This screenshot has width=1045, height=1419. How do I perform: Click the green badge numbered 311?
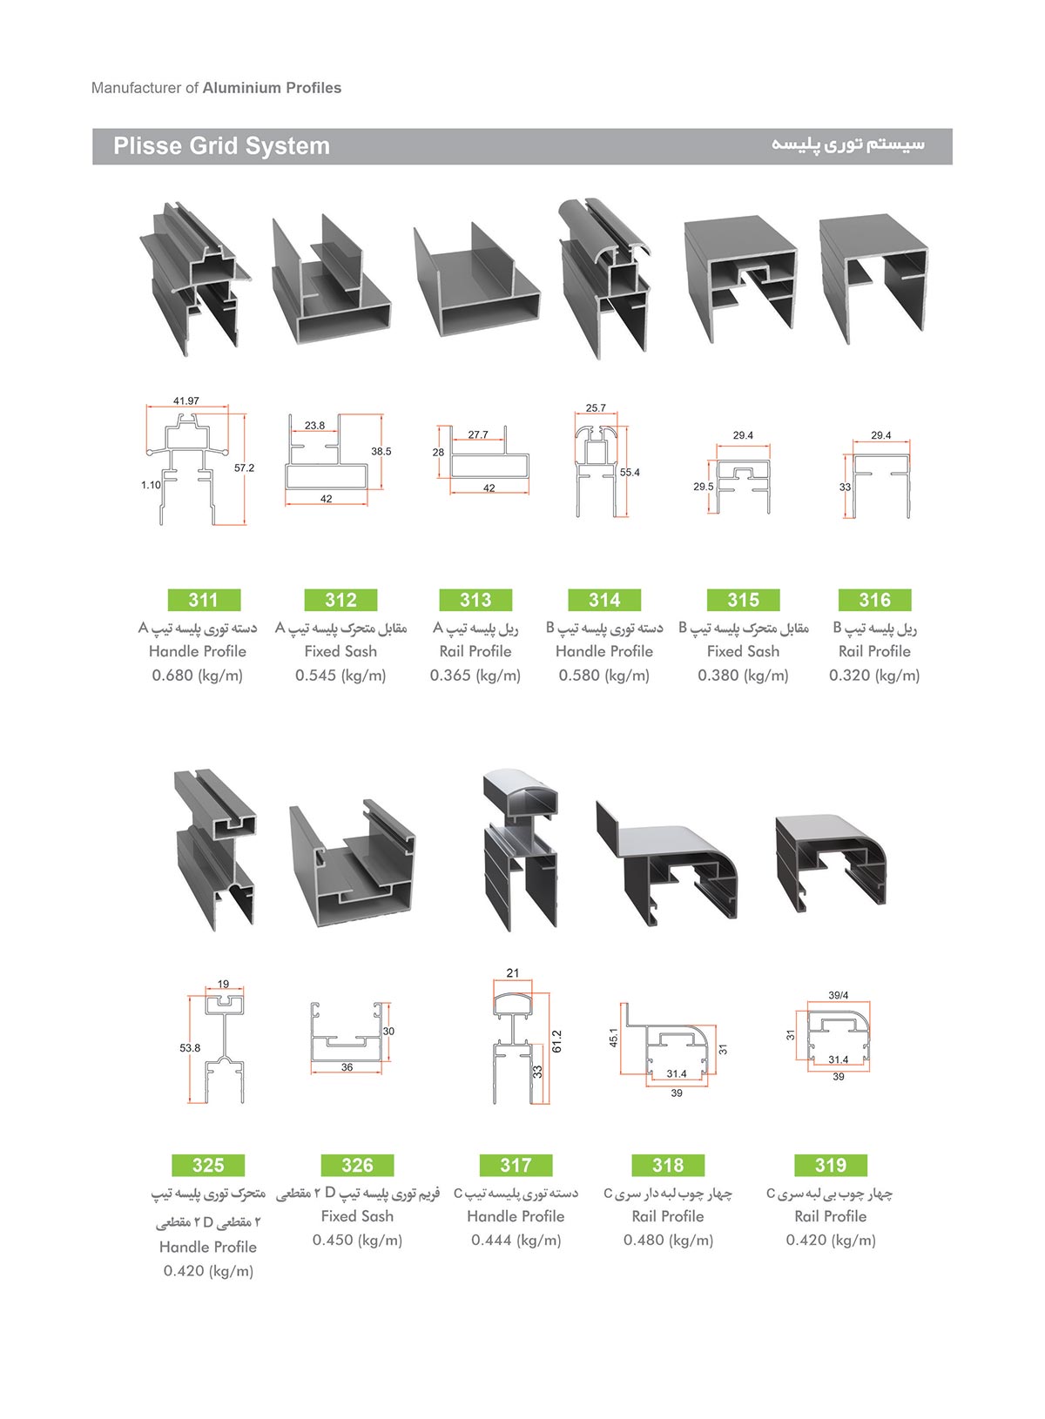[204, 600]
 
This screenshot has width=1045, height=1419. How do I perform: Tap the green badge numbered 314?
[604, 600]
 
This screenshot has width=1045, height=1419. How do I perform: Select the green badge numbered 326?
[357, 1165]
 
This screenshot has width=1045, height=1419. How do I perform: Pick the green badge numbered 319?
[831, 1165]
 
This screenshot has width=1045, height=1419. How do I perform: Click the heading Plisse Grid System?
[222, 146]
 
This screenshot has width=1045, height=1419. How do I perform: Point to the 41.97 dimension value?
[185, 401]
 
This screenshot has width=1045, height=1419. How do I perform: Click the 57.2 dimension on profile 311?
[244, 468]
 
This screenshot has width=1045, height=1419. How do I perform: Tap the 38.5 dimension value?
[381, 452]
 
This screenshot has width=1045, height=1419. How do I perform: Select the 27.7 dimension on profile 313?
[478, 434]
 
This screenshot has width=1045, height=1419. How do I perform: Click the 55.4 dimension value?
[630, 473]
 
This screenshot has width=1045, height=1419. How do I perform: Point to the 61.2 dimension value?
[557, 1041]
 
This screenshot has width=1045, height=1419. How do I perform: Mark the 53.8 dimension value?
[190, 1048]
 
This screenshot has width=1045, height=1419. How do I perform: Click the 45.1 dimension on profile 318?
[613, 1038]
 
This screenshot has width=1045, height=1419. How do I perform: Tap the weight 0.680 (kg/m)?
[197, 676]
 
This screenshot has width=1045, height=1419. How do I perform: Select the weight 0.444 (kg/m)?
[516, 1240]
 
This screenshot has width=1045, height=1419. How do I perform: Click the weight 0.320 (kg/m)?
[874, 676]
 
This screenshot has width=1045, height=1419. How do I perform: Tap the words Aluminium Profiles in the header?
[272, 88]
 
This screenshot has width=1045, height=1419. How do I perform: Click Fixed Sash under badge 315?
[743, 651]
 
